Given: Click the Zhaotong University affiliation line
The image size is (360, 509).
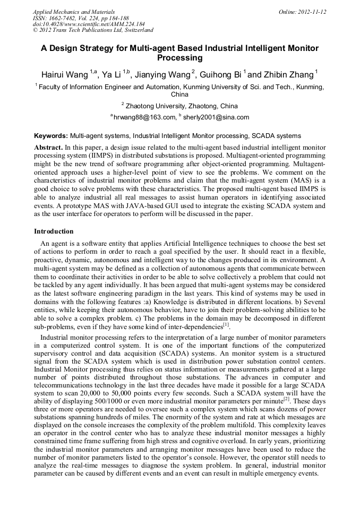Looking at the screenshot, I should coord(181,106).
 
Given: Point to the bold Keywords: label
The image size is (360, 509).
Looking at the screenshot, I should coord(51,136).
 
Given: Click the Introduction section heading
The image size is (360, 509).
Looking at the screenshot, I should coord(54,231).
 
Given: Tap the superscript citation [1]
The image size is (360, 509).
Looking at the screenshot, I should coord(226,324).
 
